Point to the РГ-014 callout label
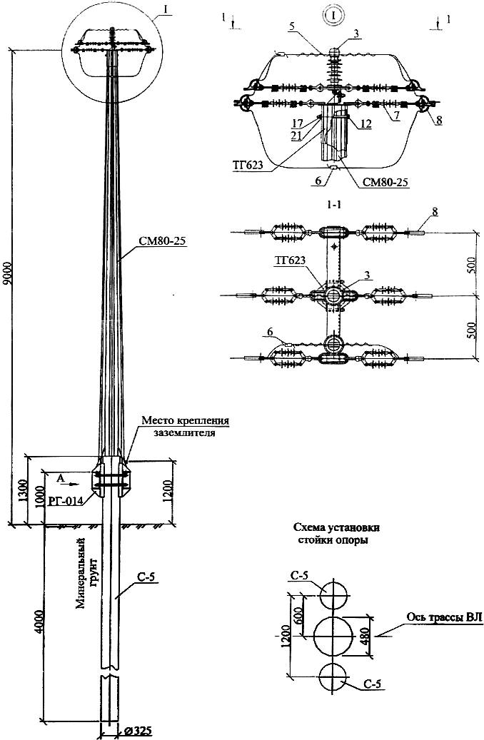(x=64, y=500)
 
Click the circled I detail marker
(x=334, y=15)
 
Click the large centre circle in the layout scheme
(x=333, y=637)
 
